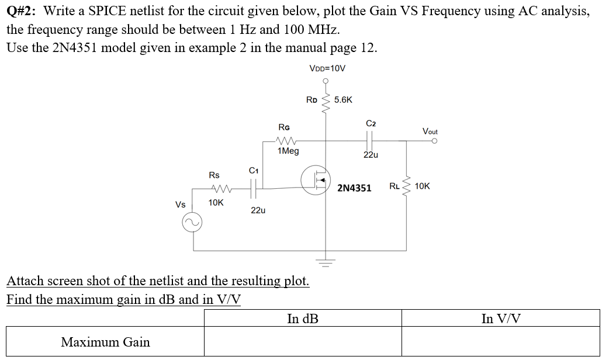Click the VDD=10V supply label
(327, 68)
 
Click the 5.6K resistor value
(343, 99)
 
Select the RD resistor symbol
(327, 101)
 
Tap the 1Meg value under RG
(288, 151)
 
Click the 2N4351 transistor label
(354, 188)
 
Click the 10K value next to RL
(423, 186)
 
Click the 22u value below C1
(257, 210)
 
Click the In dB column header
(303, 319)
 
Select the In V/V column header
(501, 319)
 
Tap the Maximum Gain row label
(105, 342)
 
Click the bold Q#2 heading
(22, 11)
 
